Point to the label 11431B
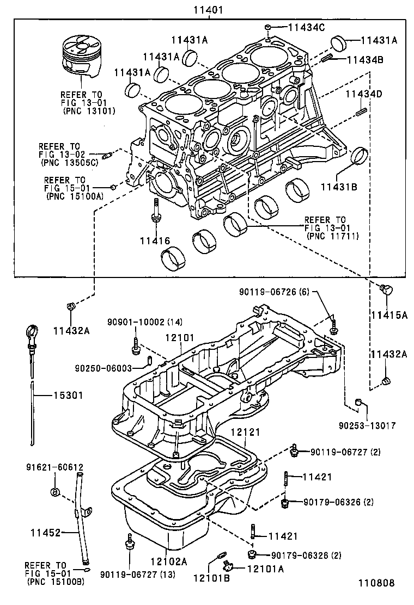338,187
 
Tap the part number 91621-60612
54,467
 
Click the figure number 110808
375,583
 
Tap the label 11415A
389,314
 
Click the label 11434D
364,94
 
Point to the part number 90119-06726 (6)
274,292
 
